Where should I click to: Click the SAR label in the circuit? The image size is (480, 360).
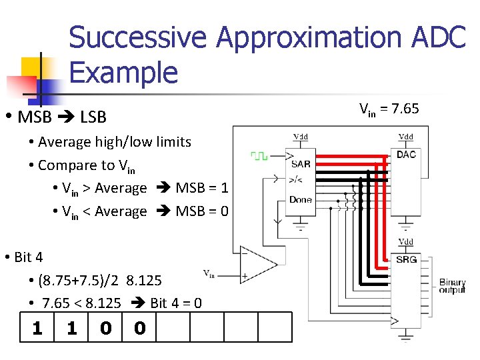tap(301, 164)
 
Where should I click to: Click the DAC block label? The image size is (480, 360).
tap(406, 155)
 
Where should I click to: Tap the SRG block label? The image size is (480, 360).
tap(406, 259)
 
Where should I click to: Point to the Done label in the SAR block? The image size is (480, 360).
tap(301, 199)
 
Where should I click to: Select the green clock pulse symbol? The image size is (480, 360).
tap(259, 155)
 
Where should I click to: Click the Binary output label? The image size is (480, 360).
tap(453, 287)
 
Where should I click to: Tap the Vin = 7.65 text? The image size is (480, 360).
tap(389, 108)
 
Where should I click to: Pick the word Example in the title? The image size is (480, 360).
tap(123, 72)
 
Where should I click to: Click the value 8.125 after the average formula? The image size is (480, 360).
tap(143, 280)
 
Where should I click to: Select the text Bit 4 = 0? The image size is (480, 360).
tap(176, 303)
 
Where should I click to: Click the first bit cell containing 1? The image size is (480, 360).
tap(37, 328)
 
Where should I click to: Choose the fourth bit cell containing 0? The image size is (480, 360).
tap(139, 328)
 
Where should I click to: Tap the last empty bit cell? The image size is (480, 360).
tap(275, 328)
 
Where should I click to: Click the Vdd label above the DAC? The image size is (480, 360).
tap(405, 137)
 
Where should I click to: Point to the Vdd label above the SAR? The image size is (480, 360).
tap(301, 137)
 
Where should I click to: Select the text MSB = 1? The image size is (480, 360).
tap(202, 188)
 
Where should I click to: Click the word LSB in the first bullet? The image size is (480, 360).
tap(93, 117)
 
